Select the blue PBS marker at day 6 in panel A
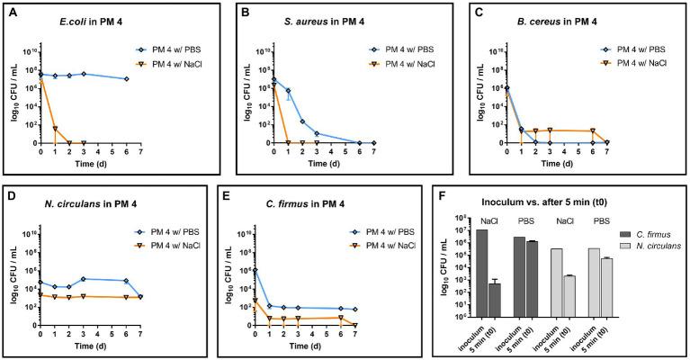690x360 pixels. tap(127, 79)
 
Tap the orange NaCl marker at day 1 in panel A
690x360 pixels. tap(55, 129)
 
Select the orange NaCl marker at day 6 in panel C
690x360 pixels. tap(592, 131)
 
